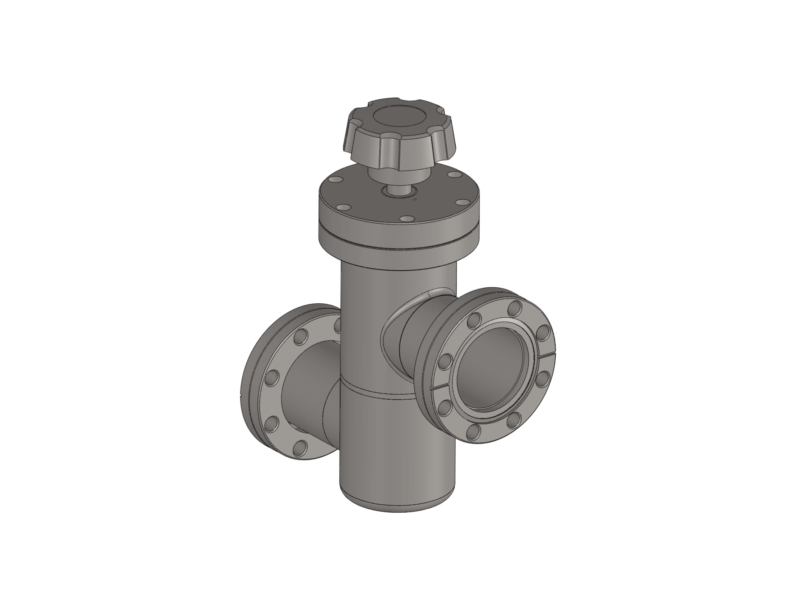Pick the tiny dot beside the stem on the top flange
(x=414, y=200)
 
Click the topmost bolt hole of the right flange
(x=515, y=308)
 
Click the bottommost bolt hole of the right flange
(x=474, y=432)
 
